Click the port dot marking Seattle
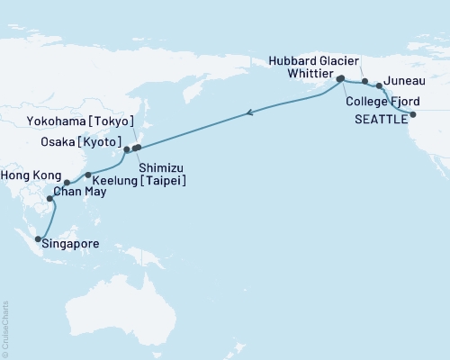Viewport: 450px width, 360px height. (x=413, y=115)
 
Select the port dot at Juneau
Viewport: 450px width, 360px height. (x=379, y=86)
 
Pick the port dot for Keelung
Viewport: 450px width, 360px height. (x=87, y=175)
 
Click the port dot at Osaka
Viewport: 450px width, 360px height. (x=127, y=148)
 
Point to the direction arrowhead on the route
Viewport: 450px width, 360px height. (x=251, y=112)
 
